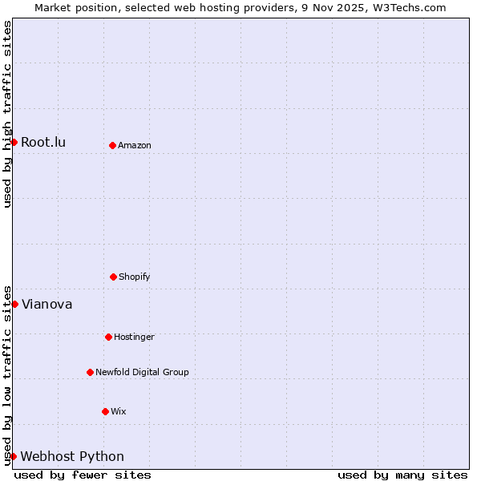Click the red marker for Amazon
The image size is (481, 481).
coord(112,145)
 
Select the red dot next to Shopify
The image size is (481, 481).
coord(113,277)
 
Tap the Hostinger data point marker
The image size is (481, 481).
coord(108,337)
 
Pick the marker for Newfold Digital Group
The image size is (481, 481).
coord(90,372)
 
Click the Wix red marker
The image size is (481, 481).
coord(105,411)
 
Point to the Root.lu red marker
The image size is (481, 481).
coord(14,142)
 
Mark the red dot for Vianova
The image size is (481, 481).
coord(14,304)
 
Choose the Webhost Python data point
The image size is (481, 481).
coord(13,456)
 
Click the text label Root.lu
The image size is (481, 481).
coord(43,143)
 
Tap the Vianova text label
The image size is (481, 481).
coord(46,305)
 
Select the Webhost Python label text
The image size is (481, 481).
coord(72,457)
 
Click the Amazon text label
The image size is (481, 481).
coord(135,146)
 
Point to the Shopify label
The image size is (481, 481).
coord(135,277)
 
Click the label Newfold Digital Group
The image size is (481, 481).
coord(142,373)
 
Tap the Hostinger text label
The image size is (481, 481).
coord(134,338)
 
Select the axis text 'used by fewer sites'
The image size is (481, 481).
coord(83,475)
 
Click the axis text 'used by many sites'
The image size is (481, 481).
coord(402,475)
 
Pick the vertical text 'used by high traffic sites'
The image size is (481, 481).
coord(7,114)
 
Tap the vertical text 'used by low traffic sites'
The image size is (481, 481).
coord(7,374)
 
